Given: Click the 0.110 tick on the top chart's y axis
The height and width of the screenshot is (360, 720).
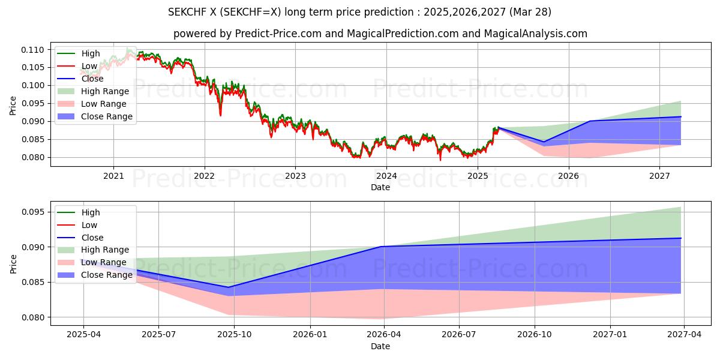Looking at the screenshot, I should point(34,49).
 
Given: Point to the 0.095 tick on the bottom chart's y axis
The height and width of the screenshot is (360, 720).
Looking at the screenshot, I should point(34,212).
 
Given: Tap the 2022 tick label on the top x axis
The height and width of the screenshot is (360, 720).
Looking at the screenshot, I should point(205,176).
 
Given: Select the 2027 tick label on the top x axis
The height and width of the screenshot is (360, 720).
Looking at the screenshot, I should point(659,176).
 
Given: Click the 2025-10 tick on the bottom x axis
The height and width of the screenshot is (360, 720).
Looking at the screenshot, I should point(234,335).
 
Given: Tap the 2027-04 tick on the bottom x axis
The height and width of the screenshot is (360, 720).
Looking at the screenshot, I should point(685,335).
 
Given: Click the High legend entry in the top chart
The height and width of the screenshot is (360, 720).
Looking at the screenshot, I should point(91,53).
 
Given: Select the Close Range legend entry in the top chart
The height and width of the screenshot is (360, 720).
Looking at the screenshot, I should point(107,116).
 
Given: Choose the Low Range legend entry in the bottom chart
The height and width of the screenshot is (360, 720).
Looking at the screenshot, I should point(103,262).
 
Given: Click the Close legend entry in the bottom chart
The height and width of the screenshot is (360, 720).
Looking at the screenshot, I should point(92,238).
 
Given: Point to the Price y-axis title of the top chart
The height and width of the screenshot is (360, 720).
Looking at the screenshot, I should point(13,106).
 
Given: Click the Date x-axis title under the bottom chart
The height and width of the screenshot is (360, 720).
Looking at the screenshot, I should point(380,346).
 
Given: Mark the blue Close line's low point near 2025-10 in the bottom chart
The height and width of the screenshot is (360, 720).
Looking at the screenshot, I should point(229,287).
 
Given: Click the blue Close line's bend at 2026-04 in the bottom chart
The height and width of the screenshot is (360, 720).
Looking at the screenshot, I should point(383,247).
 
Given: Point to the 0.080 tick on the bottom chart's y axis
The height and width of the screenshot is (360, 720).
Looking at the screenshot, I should point(34,317).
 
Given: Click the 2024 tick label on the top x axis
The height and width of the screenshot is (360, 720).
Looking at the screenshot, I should point(386,176).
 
